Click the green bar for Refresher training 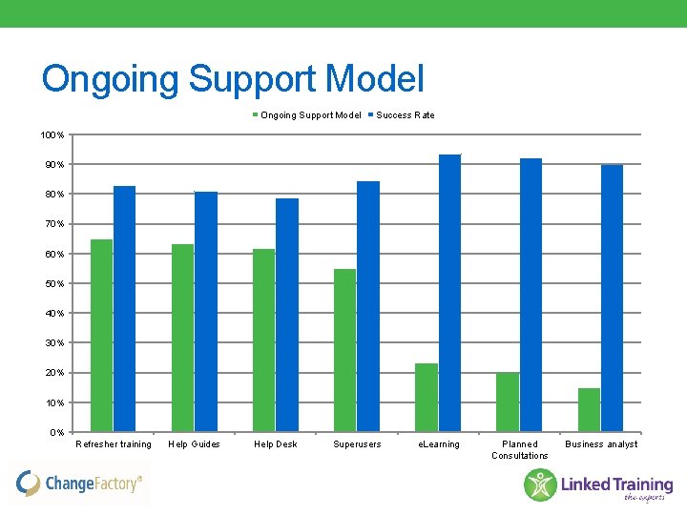click(101, 336)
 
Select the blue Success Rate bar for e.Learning click(449, 293)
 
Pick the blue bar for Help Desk click(287, 315)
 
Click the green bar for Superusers click(344, 350)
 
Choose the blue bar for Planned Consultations click(531, 295)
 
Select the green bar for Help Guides click(182, 339)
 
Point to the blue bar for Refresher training click(124, 309)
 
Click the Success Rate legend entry click(405, 115)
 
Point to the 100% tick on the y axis click(52, 135)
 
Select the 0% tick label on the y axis click(58, 433)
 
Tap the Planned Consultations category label click(519, 450)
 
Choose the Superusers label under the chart click(357, 444)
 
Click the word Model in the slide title click(375, 79)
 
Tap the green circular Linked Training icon click(540, 484)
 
